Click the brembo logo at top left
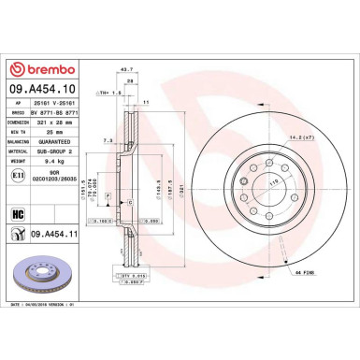pyautogui.click(x=37, y=68)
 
